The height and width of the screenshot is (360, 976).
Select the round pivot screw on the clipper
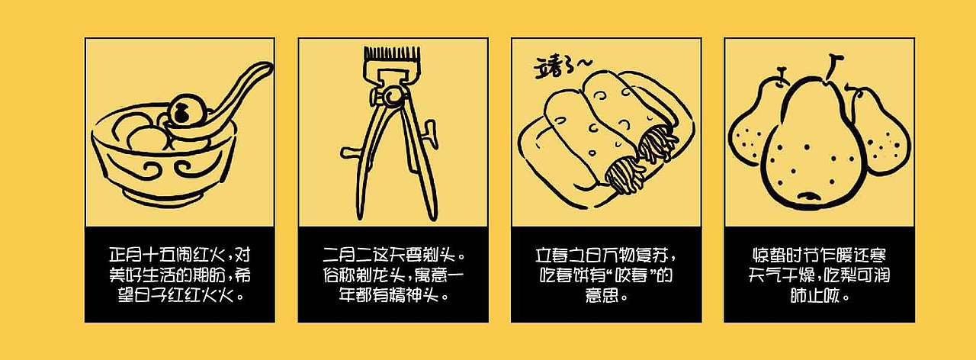pos(393,96)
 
